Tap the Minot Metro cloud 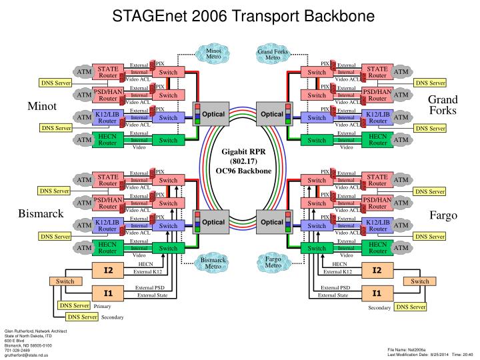tap(213, 53)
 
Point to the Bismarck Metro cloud tap(213, 262)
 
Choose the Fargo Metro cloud tap(273, 261)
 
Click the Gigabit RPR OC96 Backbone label tap(243, 161)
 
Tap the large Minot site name tap(42, 106)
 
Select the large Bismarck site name tap(41, 213)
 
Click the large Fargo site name tap(443, 215)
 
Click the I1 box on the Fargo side tap(377, 293)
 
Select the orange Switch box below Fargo tap(420, 281)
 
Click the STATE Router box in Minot tap(108, 71)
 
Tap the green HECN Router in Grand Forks tap(378, 140)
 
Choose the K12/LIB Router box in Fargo tap(378, 225)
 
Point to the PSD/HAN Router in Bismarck tap(108, 203)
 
